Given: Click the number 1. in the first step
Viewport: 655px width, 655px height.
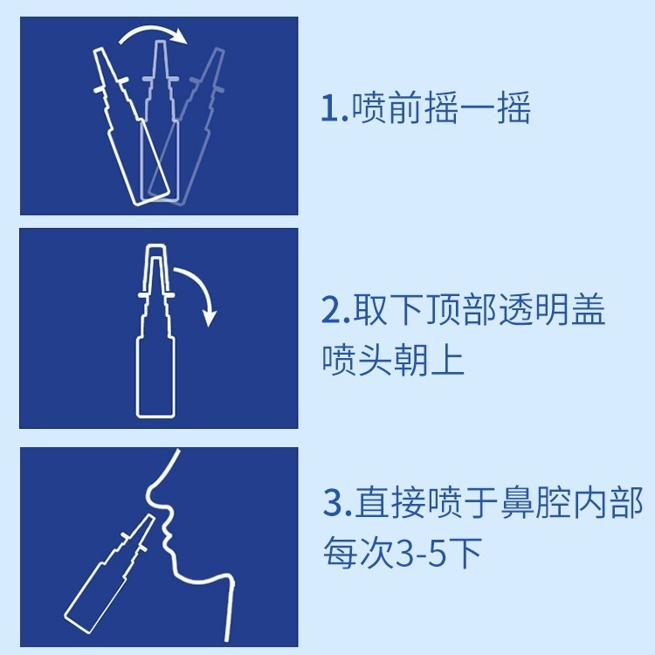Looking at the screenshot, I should tap(334, 110).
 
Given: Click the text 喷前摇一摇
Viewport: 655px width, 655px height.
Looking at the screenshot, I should tap(441, 110).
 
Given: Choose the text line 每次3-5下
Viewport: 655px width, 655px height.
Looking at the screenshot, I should tap(403, 555).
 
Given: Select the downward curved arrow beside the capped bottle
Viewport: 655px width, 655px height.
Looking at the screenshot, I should tap(201, 297).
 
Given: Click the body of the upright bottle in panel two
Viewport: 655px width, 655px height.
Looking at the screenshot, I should tap(156, 376).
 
